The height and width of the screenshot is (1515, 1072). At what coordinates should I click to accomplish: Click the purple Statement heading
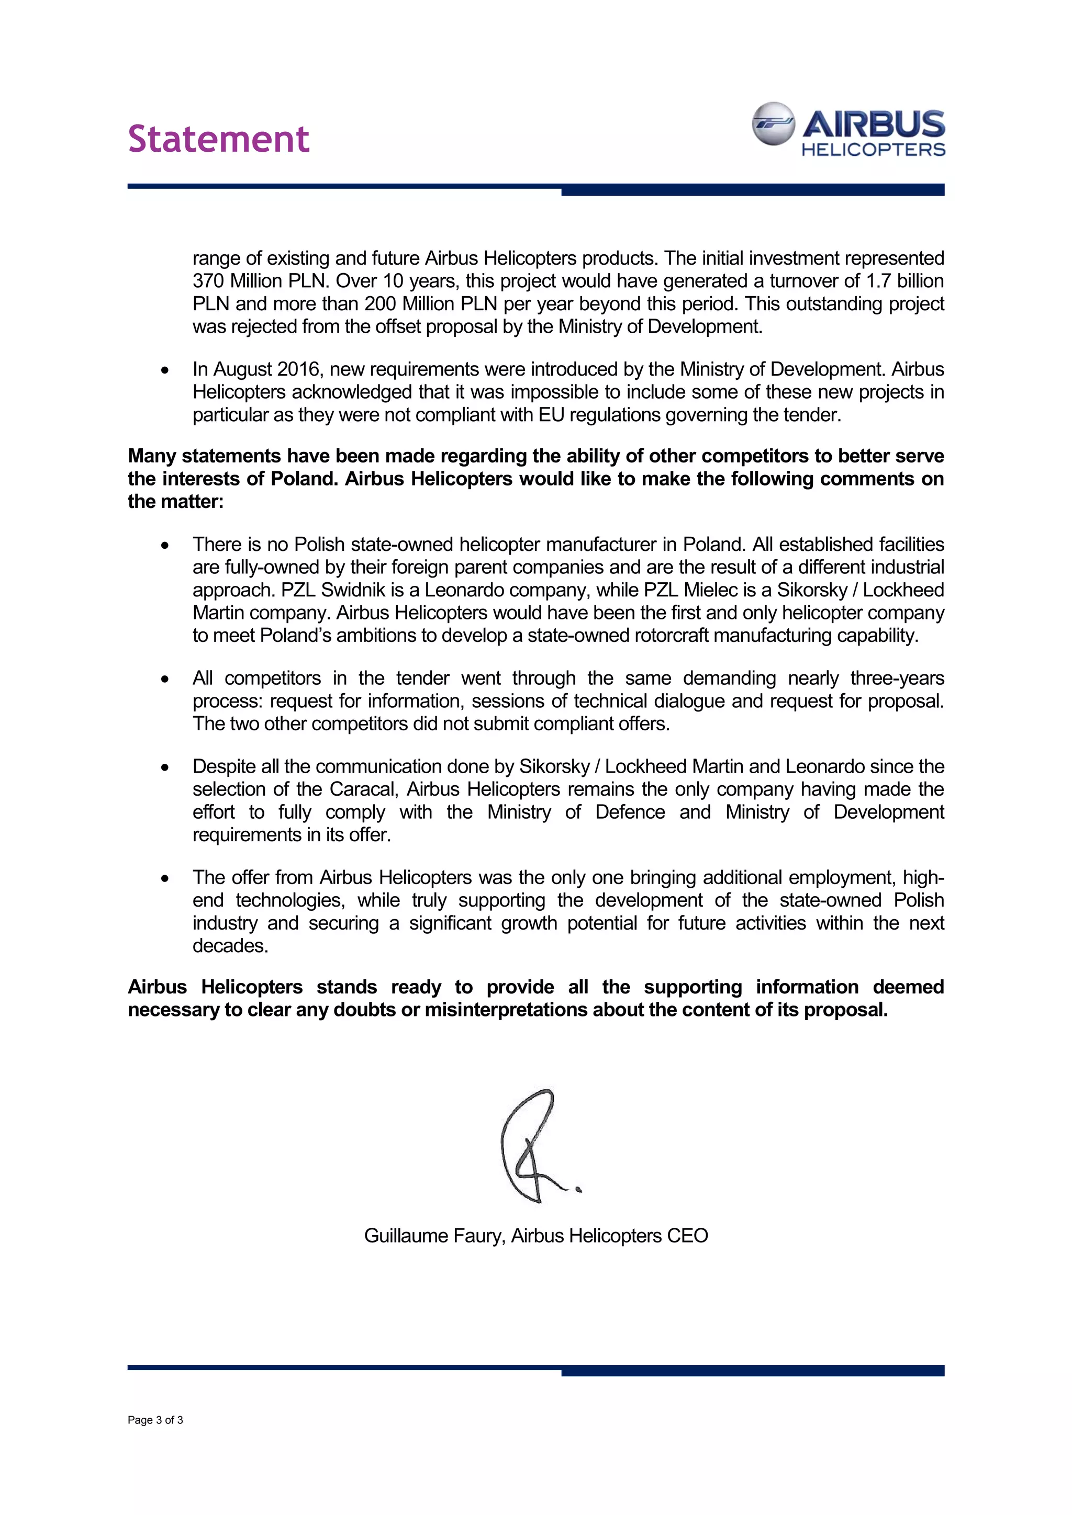218,139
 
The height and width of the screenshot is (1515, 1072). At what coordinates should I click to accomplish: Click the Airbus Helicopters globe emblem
773,123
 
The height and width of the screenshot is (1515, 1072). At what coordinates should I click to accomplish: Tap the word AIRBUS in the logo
874,123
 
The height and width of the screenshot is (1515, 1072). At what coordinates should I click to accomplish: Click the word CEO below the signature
687,1235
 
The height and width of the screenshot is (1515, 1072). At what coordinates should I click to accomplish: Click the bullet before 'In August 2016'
164,370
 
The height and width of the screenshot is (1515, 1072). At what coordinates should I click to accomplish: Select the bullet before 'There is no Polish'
164,546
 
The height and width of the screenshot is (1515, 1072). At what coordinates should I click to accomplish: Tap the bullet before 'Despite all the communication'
164,767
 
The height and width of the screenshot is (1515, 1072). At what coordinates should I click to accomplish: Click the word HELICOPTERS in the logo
873,150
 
